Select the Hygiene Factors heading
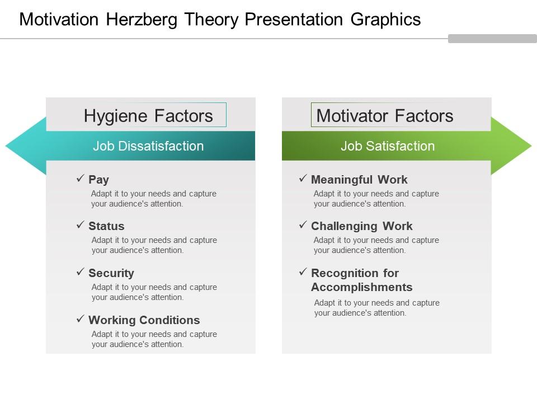(x=148, y=116)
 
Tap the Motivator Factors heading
(x=385, y=116)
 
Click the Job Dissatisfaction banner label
(x=148, y=146)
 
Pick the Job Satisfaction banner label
(x=388, y=146)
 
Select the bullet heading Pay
(x=98, y=180)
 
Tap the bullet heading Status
(x=106, y=226)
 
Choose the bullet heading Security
(x=111, y=273)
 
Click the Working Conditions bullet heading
(x=144, y=320)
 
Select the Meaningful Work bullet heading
(x=359, y=180)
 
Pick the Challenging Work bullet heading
(x=361, y=226)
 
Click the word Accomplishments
(x=361, y=287)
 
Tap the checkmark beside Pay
(x=80, y=179)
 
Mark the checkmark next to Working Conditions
(x=80, y=319)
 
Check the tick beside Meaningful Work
(x=303, y=179)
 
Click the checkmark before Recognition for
(x=303, y=272)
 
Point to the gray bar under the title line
(x=492, y=39)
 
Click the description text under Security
(x=154, y=292)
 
